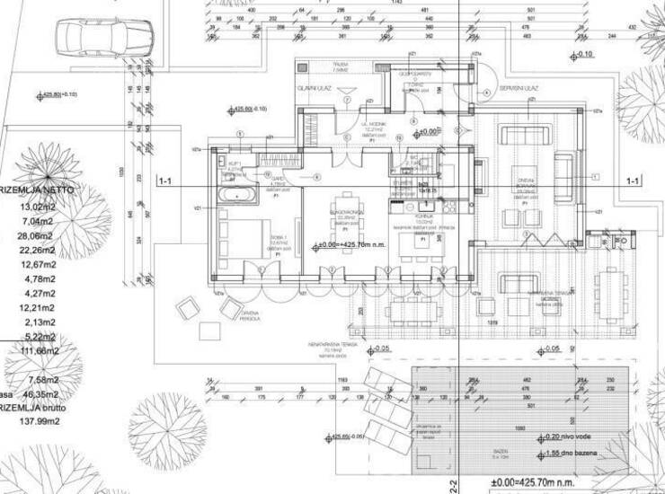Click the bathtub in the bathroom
coord(236,193)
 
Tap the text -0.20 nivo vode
coord(569,437)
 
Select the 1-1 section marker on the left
coord(165,181)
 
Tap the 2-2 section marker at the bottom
coord(454,485)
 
